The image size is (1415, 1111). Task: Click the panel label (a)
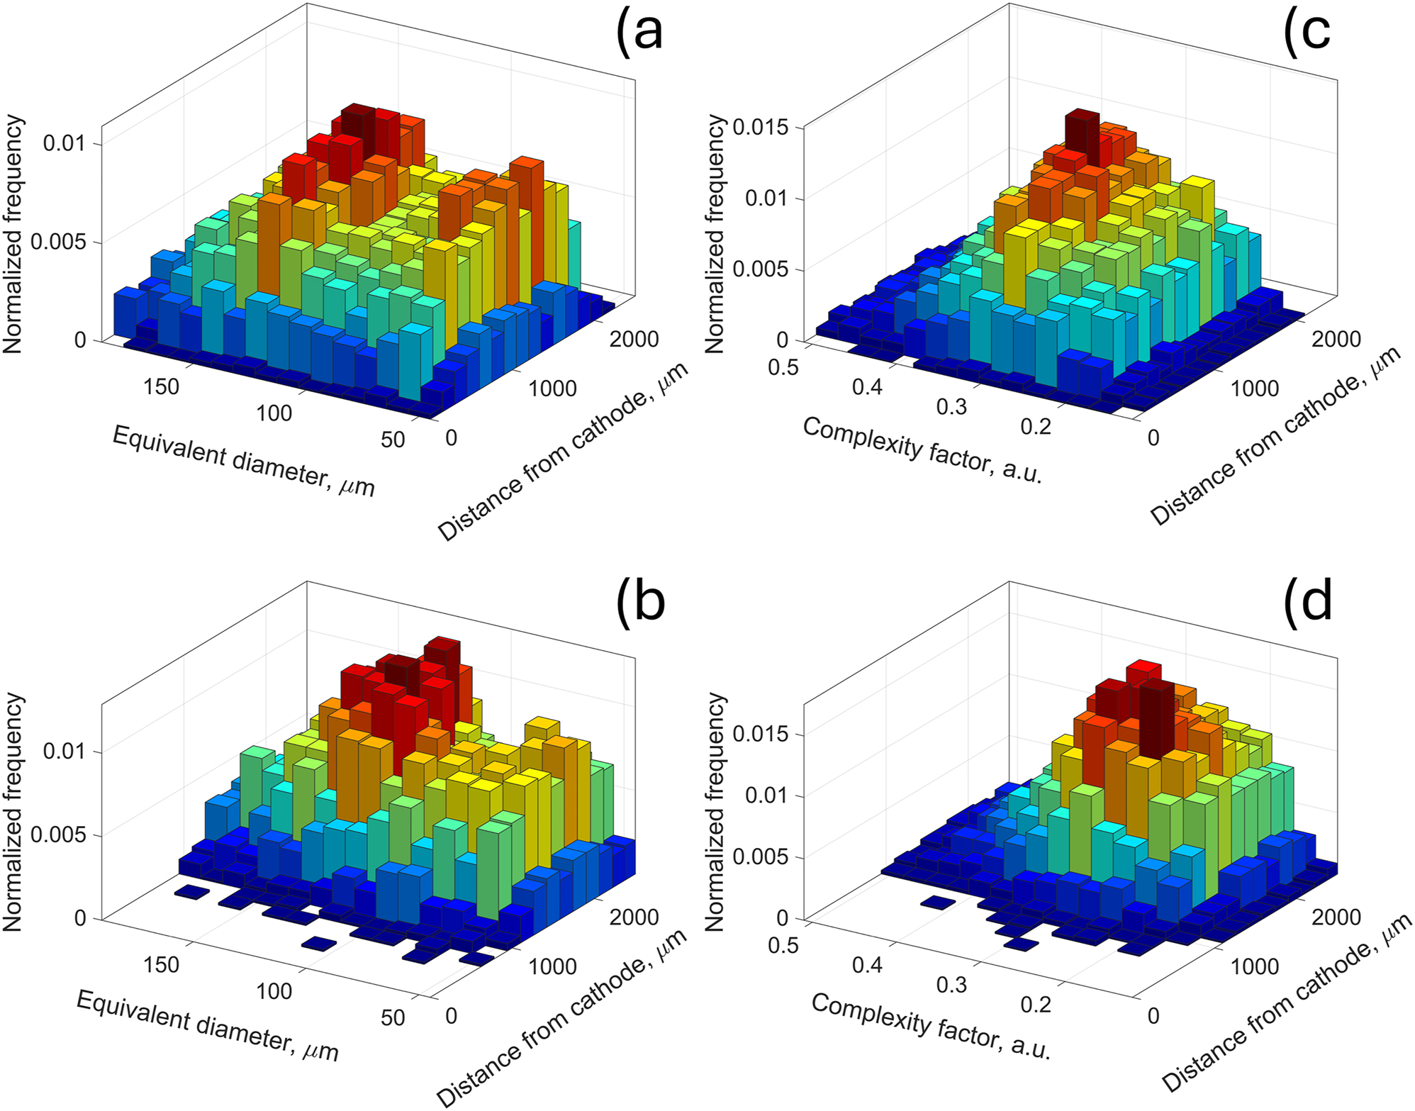(x=640, y=33)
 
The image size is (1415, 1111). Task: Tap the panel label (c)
(x=1307, y=33)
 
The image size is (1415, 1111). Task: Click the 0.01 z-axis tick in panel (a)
(x=65, y=144)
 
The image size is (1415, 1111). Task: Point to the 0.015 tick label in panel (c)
(x=761, y=128)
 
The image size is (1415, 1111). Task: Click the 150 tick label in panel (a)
(x=162, y=386)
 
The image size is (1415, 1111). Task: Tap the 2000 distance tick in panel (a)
(x=634, y=340)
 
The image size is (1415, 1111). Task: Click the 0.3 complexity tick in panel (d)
(x=951, y=985)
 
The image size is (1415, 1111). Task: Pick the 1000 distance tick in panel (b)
(x=552, y=966)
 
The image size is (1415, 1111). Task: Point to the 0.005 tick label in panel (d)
(x=761, y=857)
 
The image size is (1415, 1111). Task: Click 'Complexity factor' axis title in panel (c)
(x=922, y=450)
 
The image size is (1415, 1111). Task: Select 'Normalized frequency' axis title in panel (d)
(x=715, y=811)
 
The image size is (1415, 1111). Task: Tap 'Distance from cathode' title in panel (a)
(x=564, y=453)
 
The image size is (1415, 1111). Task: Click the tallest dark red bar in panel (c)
(x=1083, y=138)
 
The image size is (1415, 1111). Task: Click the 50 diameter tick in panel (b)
(x=393, y=1017)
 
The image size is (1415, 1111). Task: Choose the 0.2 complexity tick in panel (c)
(x=1036, y=427)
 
